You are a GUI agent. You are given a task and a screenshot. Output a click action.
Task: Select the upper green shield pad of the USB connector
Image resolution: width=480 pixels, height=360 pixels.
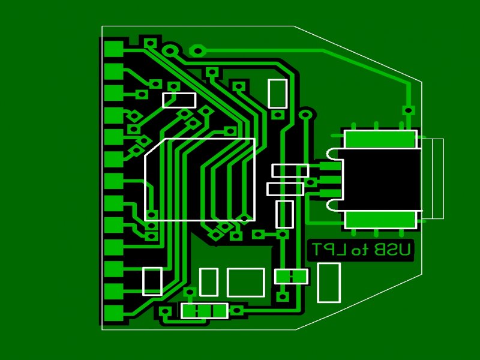pos(380,139)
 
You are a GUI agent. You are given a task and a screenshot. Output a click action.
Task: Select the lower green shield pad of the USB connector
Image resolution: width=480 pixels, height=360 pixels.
pos(380,220)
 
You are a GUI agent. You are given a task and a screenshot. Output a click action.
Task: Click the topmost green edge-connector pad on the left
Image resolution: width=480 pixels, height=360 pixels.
pos(113,49)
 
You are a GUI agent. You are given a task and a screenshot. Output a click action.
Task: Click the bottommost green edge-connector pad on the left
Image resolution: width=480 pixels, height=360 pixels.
pos(113,313)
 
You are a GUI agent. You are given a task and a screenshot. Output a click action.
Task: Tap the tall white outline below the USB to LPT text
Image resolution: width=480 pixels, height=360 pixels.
pos(328,283)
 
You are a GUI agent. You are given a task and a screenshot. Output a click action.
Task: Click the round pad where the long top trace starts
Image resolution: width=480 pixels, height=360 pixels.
pos(197,51)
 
